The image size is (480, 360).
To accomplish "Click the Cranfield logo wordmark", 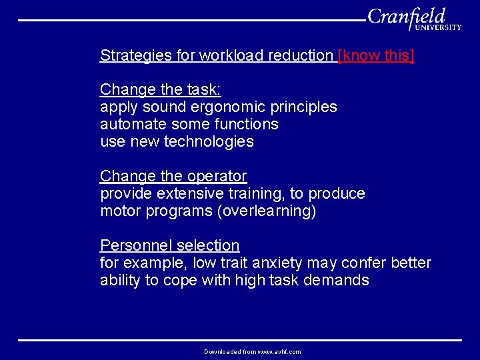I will (406, 16).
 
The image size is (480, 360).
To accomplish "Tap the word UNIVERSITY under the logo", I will (437, 27).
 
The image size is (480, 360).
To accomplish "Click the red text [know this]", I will (376, 56).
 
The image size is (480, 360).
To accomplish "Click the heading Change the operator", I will (173, 176).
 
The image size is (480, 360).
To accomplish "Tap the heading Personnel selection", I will (169, 245).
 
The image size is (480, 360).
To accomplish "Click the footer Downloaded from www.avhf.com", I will (252, 351).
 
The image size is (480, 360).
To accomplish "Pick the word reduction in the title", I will (300, 56).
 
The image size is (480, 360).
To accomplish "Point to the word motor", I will (118, 211).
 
